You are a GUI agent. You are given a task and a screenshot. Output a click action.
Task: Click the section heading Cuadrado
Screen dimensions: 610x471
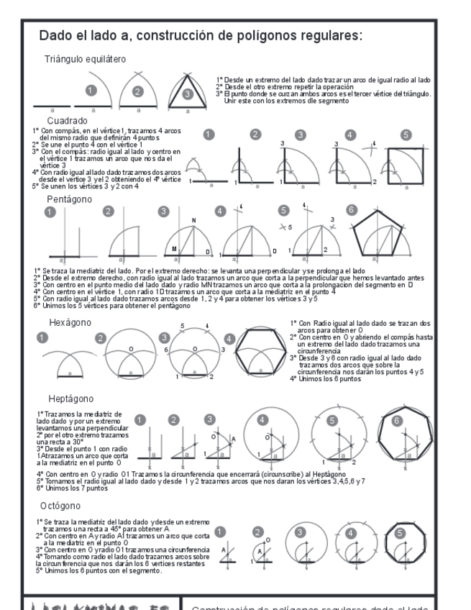67,121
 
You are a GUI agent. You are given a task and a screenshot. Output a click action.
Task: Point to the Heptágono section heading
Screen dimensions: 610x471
69,397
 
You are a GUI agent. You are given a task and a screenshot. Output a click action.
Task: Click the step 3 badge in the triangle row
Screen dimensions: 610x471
187,92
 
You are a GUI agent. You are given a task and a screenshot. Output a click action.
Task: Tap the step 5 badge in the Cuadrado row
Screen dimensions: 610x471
406,135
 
